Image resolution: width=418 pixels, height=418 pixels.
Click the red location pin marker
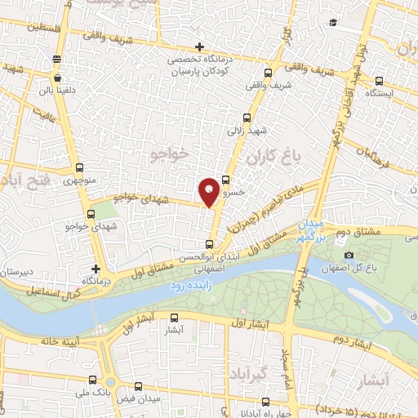click(210, 191)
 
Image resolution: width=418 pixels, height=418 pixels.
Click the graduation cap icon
click(331, 22)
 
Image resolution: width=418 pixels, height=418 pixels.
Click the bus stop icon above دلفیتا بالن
click(56, 58)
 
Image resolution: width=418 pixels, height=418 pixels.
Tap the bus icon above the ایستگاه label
click(380, 81)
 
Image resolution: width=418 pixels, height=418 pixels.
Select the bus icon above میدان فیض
click(138, 387)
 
